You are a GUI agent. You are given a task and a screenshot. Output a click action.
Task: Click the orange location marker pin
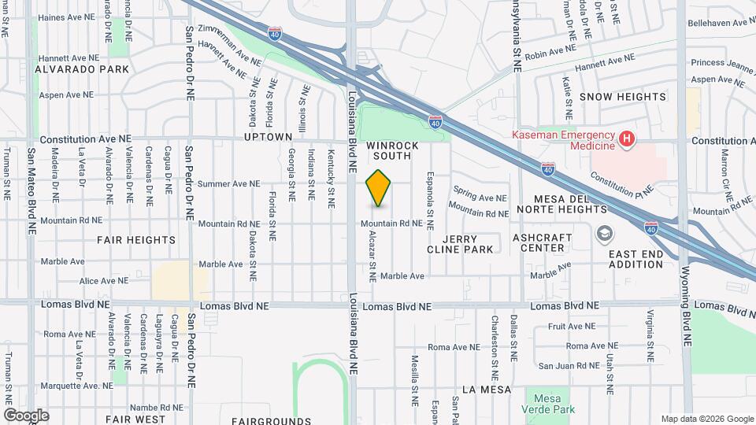tap(379, 188)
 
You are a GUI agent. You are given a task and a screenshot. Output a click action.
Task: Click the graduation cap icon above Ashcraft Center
tap(604, 233)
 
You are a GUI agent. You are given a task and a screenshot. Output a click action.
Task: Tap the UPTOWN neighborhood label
tap(268, 137)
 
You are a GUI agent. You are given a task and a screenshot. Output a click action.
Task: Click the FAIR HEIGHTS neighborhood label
tap(136, 240)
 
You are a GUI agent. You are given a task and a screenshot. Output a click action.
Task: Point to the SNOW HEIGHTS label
tap(623, 97)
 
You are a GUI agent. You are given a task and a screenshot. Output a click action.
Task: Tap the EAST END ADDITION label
tap(636, 259)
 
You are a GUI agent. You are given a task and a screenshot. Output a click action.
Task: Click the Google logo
tap(25, 416)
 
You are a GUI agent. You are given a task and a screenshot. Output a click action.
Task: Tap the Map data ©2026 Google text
tap(706, 419)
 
